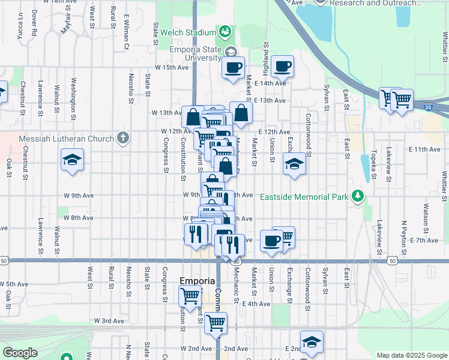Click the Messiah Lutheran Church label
(67, 139)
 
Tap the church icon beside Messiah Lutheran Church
(123, 139)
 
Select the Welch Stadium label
(190, 32)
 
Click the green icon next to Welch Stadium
(226, 31)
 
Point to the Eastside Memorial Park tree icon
(358, 196)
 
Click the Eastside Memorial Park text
(304, 196)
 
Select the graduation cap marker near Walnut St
(72, 160)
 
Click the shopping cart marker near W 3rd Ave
(215, 323)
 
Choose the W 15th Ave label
(172, 67)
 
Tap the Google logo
(20, 353)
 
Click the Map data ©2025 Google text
(411, 355)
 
